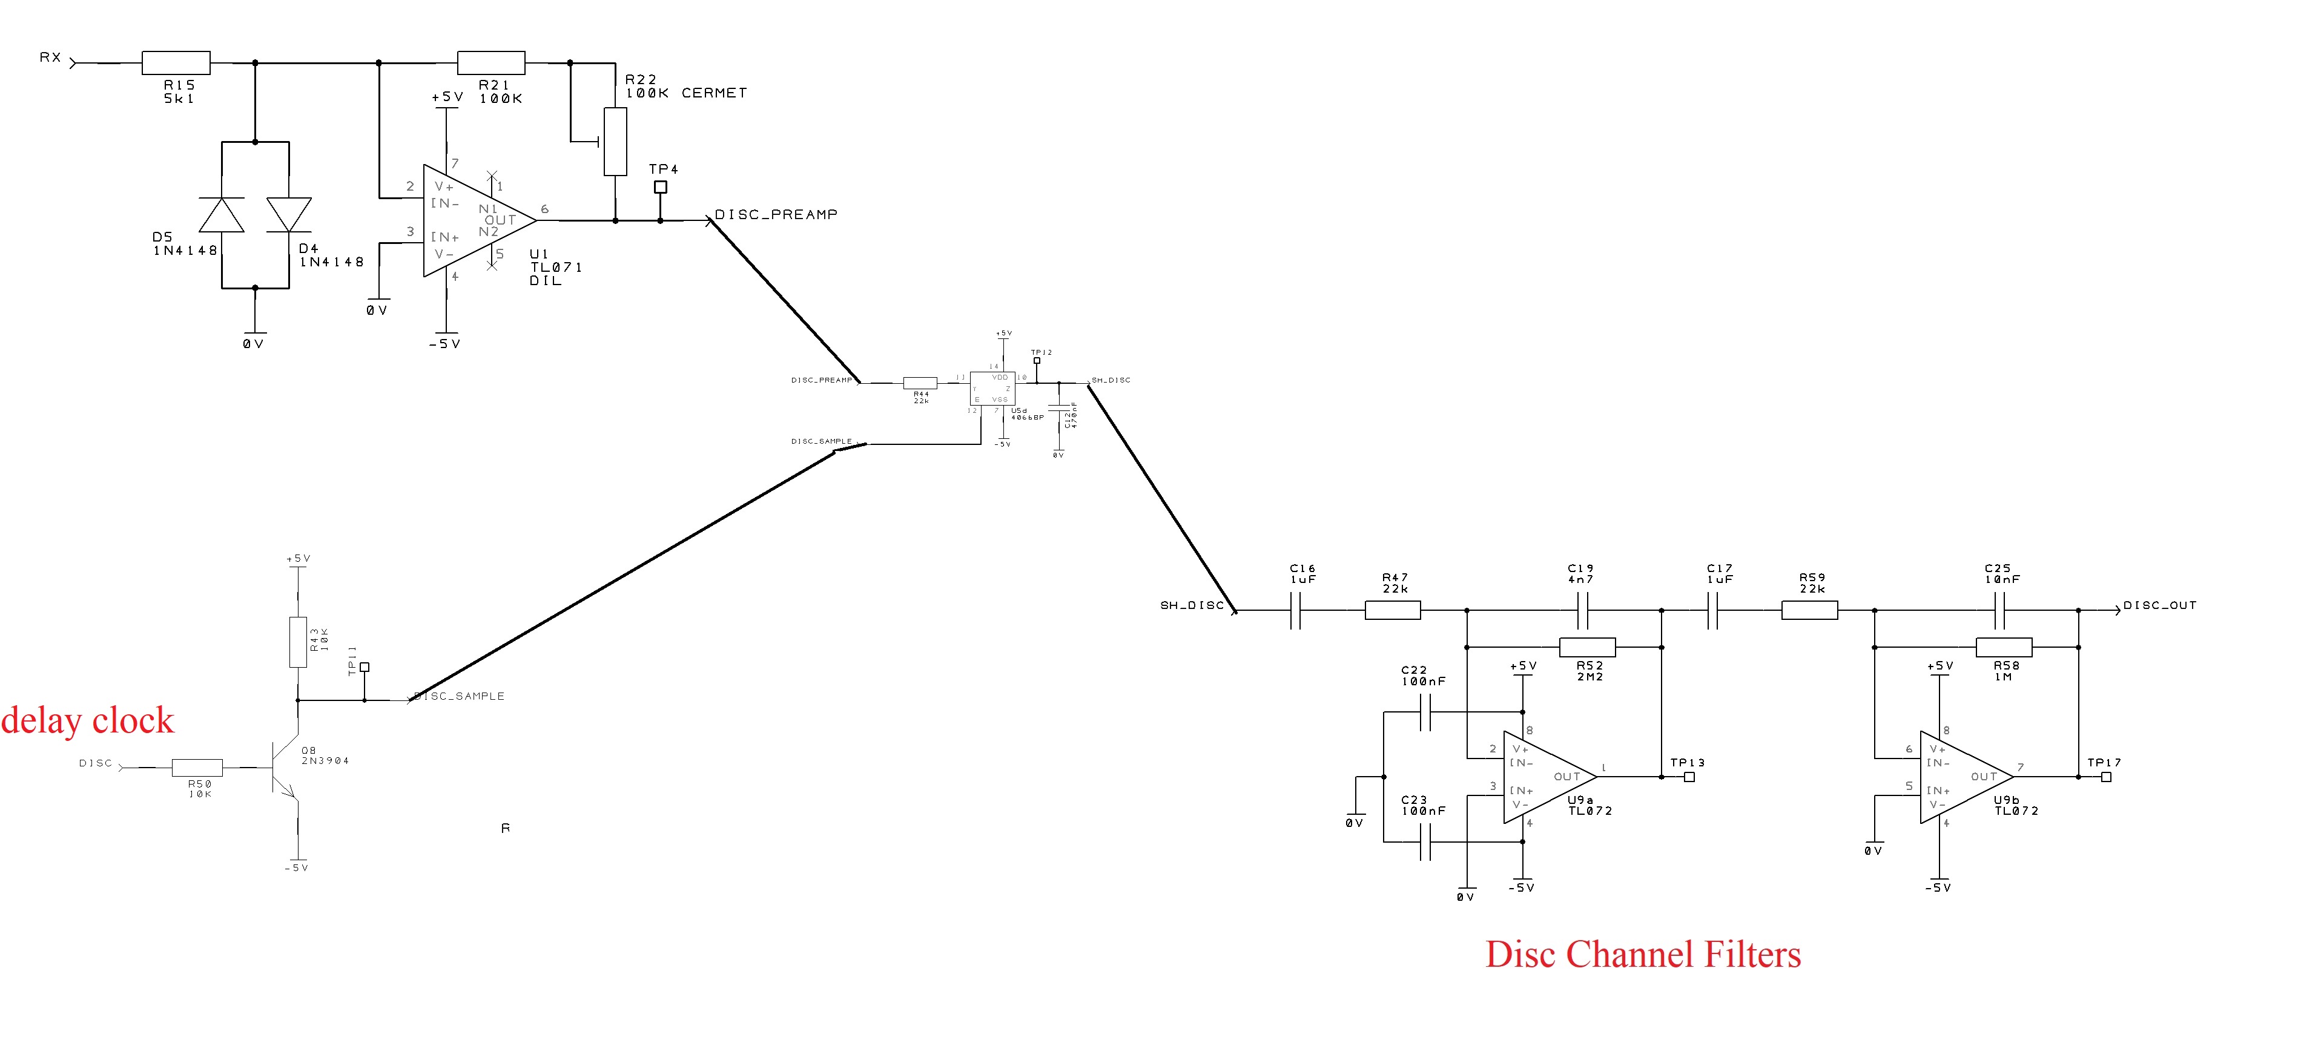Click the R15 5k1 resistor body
(x=176, y=62)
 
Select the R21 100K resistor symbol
(x=490, y=62)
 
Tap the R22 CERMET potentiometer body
(x=615, y=141)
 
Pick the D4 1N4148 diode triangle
(x=288, y=214)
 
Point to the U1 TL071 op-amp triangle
(x=474, y=220)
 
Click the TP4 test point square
(x=660, y=186)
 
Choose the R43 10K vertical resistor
(x=297, y=642)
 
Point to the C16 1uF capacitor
(x=1295, y=611)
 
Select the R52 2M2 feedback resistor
(x=1586, y=647)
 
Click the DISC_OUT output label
(x=2159, y=605)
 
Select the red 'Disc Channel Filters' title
(x=1643, y=954)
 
